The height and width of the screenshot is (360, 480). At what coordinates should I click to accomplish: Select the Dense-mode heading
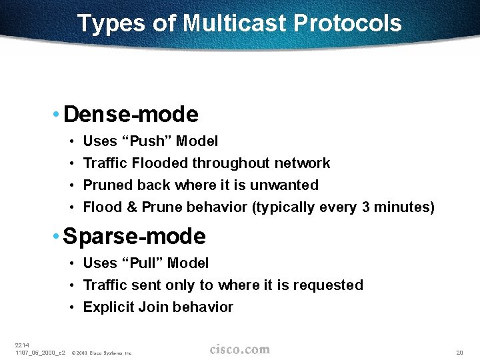(x=131, y=115)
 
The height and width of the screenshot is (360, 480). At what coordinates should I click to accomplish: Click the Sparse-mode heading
(x=135, y=237)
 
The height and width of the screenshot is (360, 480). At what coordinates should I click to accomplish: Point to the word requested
(x=330, y=285)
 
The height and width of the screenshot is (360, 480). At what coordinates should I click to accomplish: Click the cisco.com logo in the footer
(x=240, y=349)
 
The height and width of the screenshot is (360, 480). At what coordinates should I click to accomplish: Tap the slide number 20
(x=459, y=352)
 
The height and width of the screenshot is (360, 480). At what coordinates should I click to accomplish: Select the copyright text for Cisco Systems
(x=101, y=353)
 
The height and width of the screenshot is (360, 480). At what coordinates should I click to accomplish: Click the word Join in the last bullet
(x=152, y=307)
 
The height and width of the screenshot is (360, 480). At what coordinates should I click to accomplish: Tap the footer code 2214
(x=21, y=345)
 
